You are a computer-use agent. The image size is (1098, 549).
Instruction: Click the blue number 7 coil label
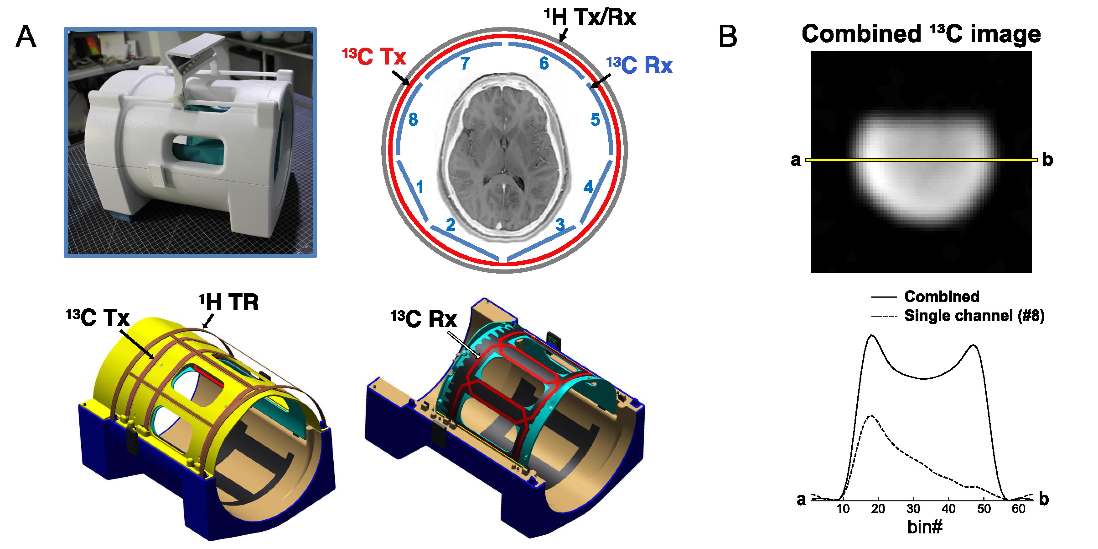(x=465, y=64)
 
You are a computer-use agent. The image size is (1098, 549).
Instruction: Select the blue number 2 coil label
(x=451, y=225)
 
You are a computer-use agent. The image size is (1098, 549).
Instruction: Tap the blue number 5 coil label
(x=595, y=120)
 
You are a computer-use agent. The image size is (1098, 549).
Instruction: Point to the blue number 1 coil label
(x=420, y=187)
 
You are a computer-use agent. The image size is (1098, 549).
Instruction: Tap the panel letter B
(x=728, y=37)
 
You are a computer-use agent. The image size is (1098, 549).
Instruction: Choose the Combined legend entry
(x=941, y=296)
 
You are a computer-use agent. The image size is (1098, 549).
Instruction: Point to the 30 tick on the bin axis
(x=913, y=509)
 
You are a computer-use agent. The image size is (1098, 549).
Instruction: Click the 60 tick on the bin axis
(x=1018, y=509)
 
